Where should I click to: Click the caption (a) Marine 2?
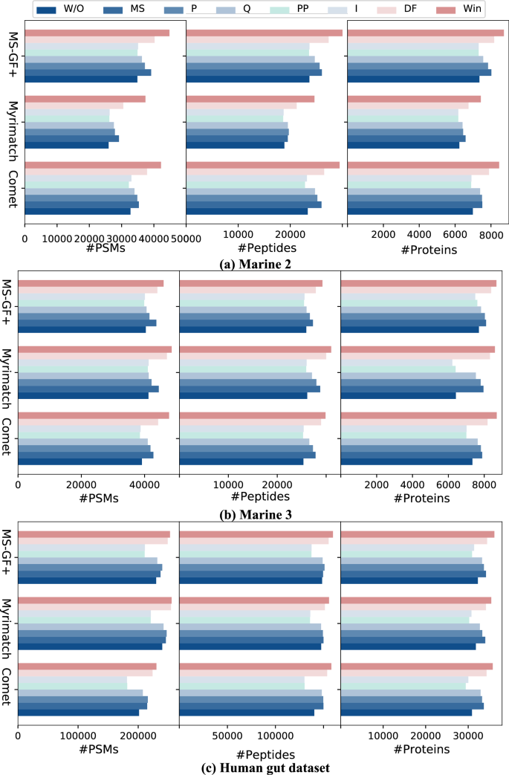[x=254, y=262]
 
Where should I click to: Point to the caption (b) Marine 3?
[x=254, y=513]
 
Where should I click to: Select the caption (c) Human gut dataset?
[x=254, y=767]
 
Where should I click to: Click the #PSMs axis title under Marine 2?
[x=105, y=249]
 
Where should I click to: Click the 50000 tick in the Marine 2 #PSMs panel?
[x=186, y=237]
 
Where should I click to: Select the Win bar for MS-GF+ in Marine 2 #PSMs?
[x=97, y=33]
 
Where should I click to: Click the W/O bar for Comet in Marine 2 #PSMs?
[x=77, y=211]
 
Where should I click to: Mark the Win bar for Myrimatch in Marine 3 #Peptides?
[x=255, y=349]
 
